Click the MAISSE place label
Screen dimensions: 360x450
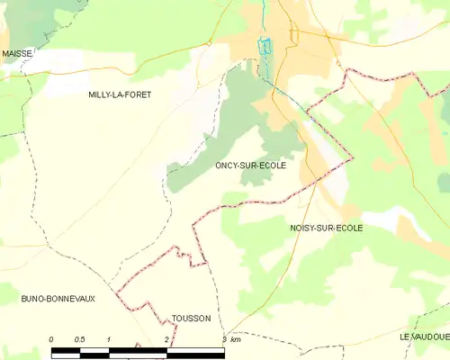pos(17,54)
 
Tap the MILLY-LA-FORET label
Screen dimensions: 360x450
pos(120,94)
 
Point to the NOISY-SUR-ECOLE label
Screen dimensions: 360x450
pos(327,229)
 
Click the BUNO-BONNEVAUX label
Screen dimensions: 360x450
pos(52,297)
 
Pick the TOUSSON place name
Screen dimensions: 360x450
pos(191,319)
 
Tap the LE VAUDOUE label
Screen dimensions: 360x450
pos(425,336)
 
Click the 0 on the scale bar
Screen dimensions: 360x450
pos(51,339)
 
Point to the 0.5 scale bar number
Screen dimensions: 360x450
pos(79,339)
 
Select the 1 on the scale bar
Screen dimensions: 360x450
pos(109,339)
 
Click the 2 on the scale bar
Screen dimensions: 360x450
pos(166,339)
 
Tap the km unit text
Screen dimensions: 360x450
pos(236,339)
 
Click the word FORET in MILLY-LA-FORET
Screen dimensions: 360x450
pos(137,94)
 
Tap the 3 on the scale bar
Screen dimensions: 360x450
pos(223,339)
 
